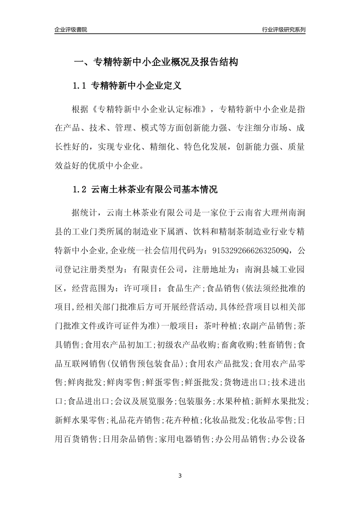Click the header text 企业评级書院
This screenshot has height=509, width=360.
[71, 30]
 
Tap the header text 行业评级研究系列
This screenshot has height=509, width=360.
[283, 30]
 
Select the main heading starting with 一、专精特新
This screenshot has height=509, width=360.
[155, 62]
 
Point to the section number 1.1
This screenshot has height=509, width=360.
[80, 86]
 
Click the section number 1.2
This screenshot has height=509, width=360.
[80, 189]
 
